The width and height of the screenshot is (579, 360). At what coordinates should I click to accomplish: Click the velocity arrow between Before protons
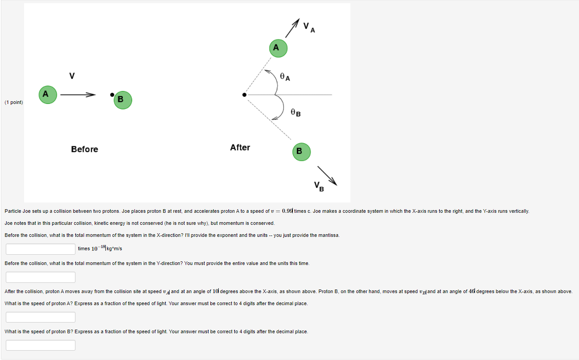point(78,95)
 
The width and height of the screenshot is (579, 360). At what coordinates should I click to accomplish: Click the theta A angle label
point(285,77)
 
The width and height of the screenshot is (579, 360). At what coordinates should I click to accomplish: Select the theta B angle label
point(296,113)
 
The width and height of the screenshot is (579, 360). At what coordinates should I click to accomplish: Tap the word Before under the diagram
point(84,149)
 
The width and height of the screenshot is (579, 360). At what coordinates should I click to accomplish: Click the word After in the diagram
point(240,147)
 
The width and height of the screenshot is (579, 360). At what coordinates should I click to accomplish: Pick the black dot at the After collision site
point(244,95)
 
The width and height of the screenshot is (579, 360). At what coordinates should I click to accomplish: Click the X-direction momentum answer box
point(41,249)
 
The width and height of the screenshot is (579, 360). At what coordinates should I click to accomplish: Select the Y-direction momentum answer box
point(41,277)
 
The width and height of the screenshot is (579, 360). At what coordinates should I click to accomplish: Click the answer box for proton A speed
point(41,317)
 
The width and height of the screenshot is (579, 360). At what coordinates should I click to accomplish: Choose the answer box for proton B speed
point(41,345)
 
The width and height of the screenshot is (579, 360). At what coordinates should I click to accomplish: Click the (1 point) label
point(14,103)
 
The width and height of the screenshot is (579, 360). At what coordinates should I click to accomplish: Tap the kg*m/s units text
point(115,249)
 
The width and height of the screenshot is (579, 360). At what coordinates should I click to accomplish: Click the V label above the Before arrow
point(71,76)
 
